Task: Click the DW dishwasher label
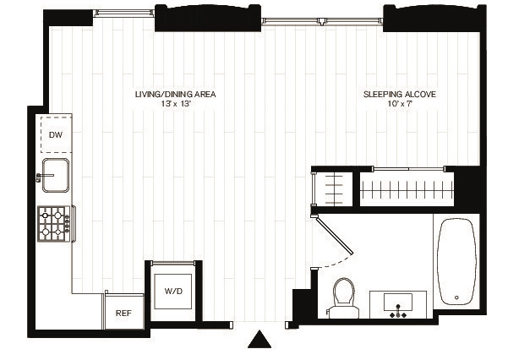point(56,135)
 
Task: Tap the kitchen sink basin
point(56,175)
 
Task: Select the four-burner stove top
point(54,224)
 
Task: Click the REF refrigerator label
point(123,313)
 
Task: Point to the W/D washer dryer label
point(173,291)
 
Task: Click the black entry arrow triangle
point(259,339)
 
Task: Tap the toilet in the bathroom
point(344,298)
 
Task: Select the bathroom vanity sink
point(398,304)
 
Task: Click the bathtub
point(456,262)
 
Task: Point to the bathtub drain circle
point(456,297)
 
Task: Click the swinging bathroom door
point(335,236)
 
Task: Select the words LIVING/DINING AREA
point(175,95)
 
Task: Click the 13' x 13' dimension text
point(175,104)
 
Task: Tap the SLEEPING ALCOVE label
point(400,95)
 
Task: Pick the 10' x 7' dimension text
point(400,104)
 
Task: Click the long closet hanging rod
point(407,190)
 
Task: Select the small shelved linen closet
point(333,189)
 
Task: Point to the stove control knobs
point(67,224)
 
